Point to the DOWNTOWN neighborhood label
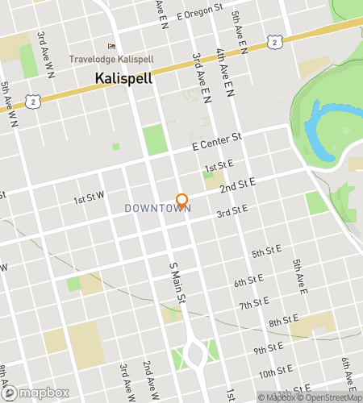coord(157,208)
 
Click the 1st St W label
coord(90,199)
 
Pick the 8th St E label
coord(284,322)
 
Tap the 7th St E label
coord(253,304)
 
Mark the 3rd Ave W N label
coord(45,54)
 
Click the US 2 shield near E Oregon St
coord(276,39)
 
